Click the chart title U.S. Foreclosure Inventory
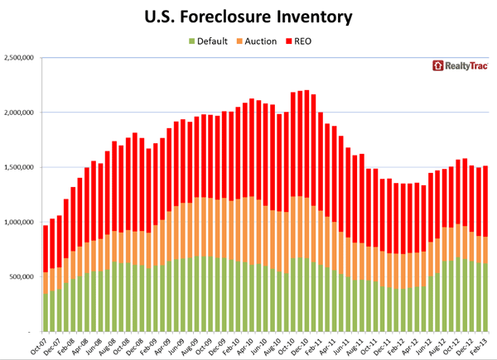pyautogui.click(x=248, y=17)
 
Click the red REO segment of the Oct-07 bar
pyautogui.click(x=46, y=248)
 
